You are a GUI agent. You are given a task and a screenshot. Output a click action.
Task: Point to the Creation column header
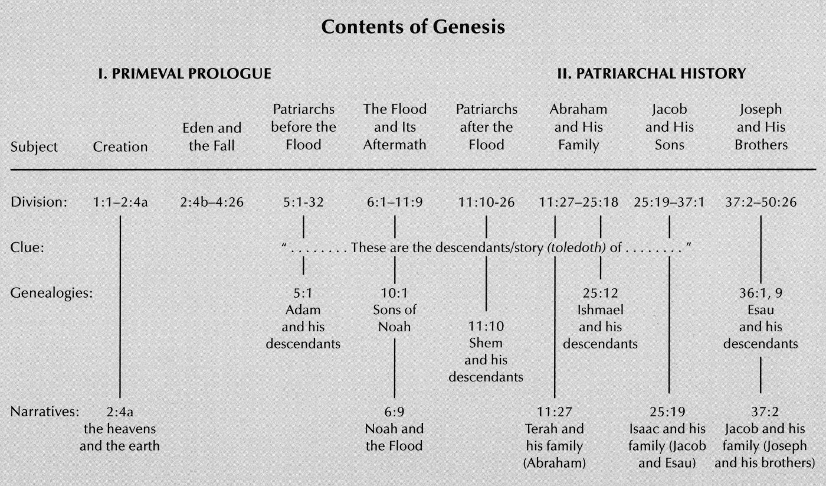pyautogui.click(x=120, y=146)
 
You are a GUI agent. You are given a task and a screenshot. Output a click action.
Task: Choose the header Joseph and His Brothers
pyautogui.click(x=761, y=127)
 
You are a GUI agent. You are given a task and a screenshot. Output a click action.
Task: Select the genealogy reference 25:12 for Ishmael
pyautogui.click(x=600, y=293)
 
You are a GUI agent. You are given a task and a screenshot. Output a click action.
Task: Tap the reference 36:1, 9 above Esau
pyautogui.click(x=760, y=293)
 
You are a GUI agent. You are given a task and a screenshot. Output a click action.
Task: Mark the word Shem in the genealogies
pyautogui.click(x=486, y=343)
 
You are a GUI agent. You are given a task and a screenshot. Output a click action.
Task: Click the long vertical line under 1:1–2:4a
pyautogui.click(x=120, y=307)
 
